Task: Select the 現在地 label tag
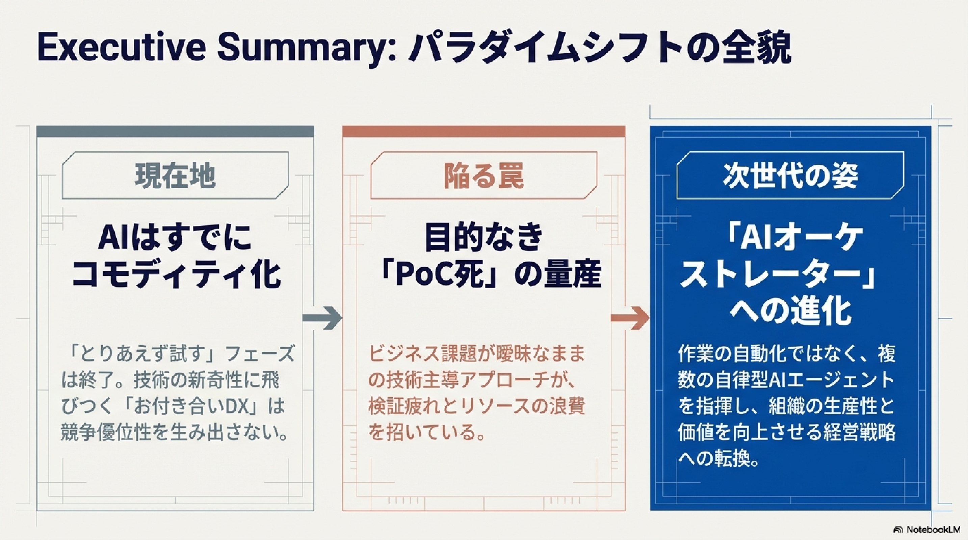175,175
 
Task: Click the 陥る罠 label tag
483,175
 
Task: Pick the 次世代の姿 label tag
790,175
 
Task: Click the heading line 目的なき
483,237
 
